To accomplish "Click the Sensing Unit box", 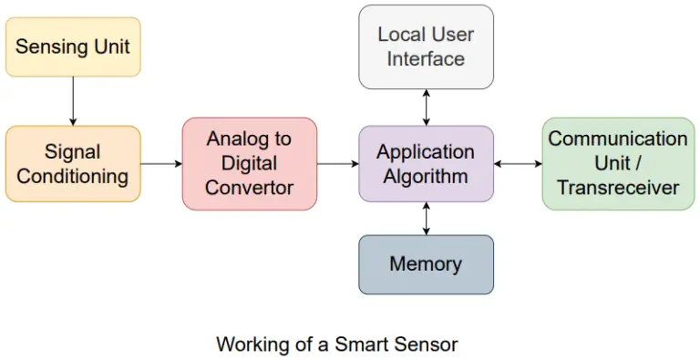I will pos(73,46).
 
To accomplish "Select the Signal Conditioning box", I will pos(73,163).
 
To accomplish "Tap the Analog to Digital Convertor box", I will pos(249,163).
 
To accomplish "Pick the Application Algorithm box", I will pos(426,163).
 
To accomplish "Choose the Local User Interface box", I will pos(426,46).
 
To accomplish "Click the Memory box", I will pos(426,264).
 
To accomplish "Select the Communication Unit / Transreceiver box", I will pos(618,163).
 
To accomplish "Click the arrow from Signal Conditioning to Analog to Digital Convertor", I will pos(161,164).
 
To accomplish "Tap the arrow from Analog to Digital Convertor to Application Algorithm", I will pos(337,164).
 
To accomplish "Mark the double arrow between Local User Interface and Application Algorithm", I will pos(426,107).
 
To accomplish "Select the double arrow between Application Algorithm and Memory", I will pos(426,219).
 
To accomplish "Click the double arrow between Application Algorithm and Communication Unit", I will pos(518,164).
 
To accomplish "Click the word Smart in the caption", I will pos(359,345).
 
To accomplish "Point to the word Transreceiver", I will pos(618,188).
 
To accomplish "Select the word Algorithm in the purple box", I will pos(426,175).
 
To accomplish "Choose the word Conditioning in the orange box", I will pos(73,175).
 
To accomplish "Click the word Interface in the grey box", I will pos(426,58).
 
